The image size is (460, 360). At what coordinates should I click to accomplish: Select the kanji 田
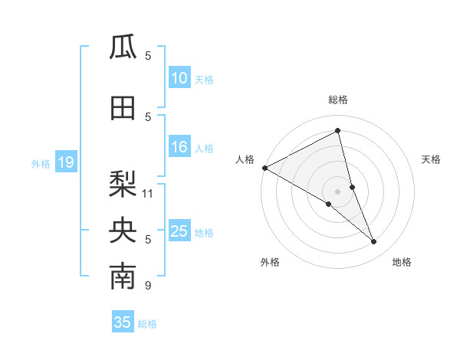click(x=123, y=108)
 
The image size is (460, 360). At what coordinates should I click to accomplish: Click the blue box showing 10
click(x=179, y=79)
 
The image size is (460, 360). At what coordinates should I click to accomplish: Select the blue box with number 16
click(x=179, y=148)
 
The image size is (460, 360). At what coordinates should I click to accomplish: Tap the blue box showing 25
click(x=179, y=231)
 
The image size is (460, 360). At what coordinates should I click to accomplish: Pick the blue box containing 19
click(x=65, y=162)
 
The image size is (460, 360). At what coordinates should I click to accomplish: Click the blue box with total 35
click(x=123, y=322)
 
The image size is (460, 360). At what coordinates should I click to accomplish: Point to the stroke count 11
click(x=148, y=193)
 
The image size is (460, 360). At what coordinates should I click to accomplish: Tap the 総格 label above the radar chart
click(x=338, y=100)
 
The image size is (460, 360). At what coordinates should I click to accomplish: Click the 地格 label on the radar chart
click(x=402, y=263)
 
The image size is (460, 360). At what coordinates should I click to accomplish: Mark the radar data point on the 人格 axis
click(x=264, y=168)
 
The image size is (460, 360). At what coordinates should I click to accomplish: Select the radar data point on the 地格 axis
click(x=374, y=242)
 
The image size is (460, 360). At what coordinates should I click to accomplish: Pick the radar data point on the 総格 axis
click(x=338, y=130)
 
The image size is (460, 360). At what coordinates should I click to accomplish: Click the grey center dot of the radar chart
click(x=337, y=190)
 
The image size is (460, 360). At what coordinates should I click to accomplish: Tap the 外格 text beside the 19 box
click(x=41, y=163)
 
